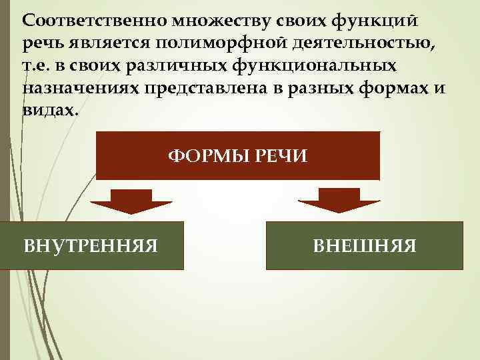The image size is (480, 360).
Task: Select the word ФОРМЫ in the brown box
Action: click(213, 157)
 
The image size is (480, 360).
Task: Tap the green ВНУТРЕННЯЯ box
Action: click(91, 245)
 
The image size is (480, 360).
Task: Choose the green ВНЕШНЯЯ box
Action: click(364, 245)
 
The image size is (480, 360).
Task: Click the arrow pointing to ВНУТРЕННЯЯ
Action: click(131, 200)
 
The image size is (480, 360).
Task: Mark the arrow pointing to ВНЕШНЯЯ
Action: click(338, 200)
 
